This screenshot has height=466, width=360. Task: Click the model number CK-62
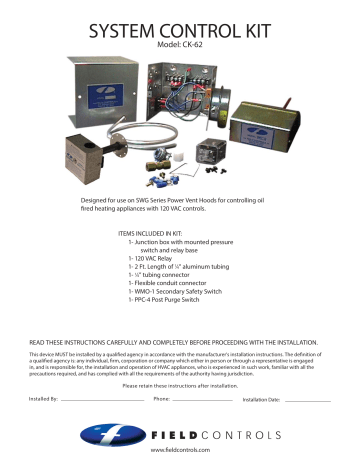(x=180, y=45)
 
